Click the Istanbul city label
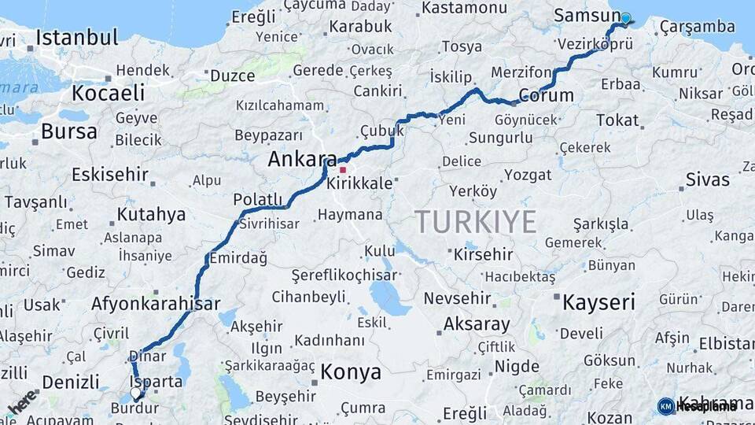click(x=77, y=38)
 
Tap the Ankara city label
click(x=302, y=159)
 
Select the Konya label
click(x=351, y=371)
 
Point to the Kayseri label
click(x=599, y=301)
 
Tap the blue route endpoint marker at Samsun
click(x=625, y=18)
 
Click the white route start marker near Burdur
click(x=135, y=392)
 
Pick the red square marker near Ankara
click(x=343, y=169)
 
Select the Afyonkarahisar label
click(x=156, y=304)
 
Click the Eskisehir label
click(x=109, y=174)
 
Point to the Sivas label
click(x=707, y=179)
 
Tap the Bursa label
click(x=68, y=131)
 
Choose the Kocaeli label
click(x=109, y=93)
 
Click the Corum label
click(x=546, y=96)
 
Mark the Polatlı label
click(x=257, y=200)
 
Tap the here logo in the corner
click(x=22, y=401)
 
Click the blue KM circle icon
click(x=665, y=406)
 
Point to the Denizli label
click(x=71, y=382)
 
